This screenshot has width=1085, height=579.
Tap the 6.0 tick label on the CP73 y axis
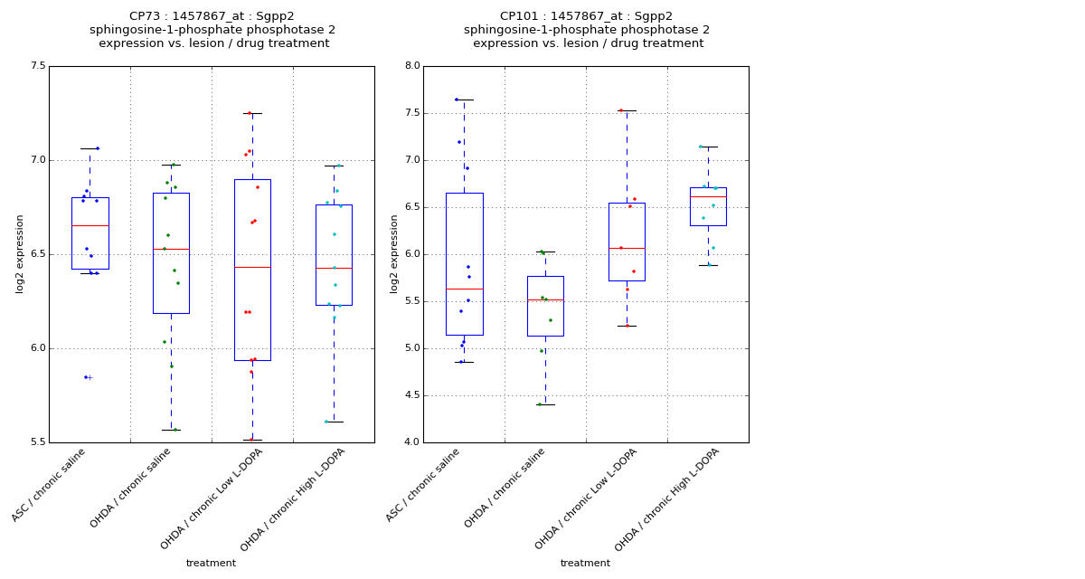tap(37, 348)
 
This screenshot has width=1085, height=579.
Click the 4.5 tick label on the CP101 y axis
tap(411, 395)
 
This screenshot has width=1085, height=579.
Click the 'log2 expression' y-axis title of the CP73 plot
tap(20, 253)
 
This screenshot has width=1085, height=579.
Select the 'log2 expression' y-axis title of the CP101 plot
tap(394, 253)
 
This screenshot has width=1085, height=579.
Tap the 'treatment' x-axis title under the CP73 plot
tap(211, 564)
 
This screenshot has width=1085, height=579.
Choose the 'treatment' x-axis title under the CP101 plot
tap(585, 564)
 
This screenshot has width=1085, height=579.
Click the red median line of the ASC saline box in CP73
tap(90, 225)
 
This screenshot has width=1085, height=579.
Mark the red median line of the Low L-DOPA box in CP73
tap(252, 267)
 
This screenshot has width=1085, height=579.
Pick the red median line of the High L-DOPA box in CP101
tap(708, 196)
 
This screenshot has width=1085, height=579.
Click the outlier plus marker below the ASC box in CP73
tap(90, 377)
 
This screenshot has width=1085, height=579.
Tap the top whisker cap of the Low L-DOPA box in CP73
tap(252, 113)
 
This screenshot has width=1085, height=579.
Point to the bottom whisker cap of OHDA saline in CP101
tap(545, 404)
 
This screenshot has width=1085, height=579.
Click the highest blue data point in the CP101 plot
tap(457, 100)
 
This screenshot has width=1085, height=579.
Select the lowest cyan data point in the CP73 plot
tap(326, 422)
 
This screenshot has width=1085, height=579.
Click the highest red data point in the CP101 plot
tap(621, 110)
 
